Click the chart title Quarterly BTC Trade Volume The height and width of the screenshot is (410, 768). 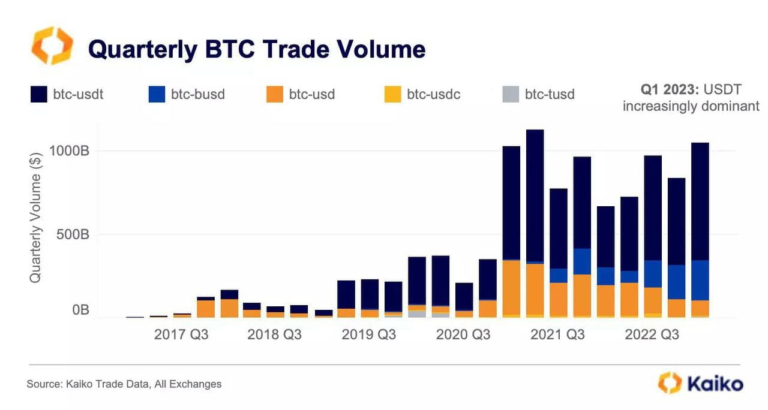click(257, 49)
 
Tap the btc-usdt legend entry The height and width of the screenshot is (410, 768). click(67, 94)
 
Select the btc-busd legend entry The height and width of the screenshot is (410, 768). click(185, 94)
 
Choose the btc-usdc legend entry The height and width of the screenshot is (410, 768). click(422, 94)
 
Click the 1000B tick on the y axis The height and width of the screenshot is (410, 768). click(69, 150)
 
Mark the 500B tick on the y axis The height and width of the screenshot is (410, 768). click(73, 234)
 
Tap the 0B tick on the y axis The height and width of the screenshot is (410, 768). click(80, 310)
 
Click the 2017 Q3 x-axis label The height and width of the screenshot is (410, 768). click(181, 334)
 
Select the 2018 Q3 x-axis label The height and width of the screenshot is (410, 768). click(274, 334)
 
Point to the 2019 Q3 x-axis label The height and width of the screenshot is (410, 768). click(368, 334)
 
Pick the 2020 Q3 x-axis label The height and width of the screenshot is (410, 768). click(463, 334)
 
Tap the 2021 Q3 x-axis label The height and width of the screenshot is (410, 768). click(557, 334)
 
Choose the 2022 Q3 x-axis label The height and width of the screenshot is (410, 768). click(652, 334)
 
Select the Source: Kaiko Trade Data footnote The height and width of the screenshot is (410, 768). click(124, 384)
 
